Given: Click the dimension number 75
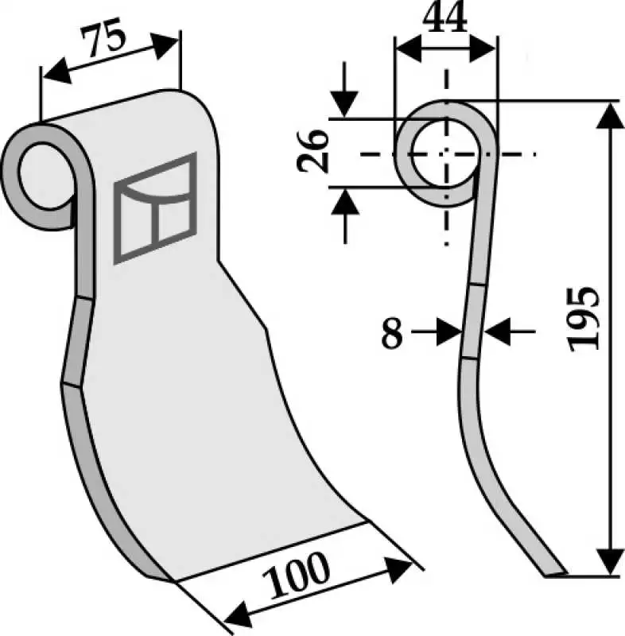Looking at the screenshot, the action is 104,37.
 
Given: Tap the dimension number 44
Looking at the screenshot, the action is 445,18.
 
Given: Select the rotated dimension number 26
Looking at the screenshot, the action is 312,152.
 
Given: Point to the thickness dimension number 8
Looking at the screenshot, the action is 392,332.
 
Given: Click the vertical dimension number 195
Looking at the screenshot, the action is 583,319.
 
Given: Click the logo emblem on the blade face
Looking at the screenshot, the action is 155,208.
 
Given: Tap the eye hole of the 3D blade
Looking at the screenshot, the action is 45,176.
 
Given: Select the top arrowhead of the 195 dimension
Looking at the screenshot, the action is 610,115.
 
